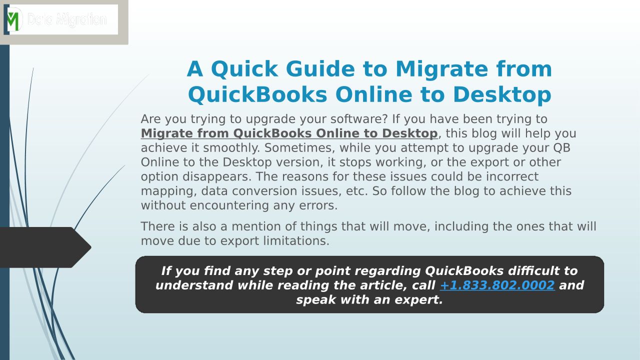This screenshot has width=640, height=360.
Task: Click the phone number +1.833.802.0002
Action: point(497,285)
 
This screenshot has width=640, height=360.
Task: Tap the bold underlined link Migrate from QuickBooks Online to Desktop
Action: point(289,133)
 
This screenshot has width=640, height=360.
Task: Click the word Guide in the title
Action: point(320,69)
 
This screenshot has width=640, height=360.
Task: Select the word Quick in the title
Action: point(244,69)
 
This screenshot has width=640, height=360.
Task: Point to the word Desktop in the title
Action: point(502,95)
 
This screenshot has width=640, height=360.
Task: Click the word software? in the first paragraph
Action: point(359,119)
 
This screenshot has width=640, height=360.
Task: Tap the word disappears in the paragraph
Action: point(217,176)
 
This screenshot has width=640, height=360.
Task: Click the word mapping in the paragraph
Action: point(169,191)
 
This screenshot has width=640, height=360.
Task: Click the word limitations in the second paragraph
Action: point(296,241)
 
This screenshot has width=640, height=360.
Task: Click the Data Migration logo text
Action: point(67,19)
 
